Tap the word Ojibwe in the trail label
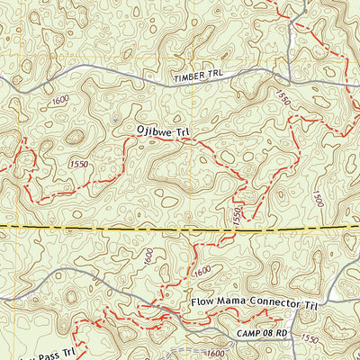(152, 131)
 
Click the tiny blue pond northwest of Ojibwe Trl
(116, 117)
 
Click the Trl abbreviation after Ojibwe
(184, 131)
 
